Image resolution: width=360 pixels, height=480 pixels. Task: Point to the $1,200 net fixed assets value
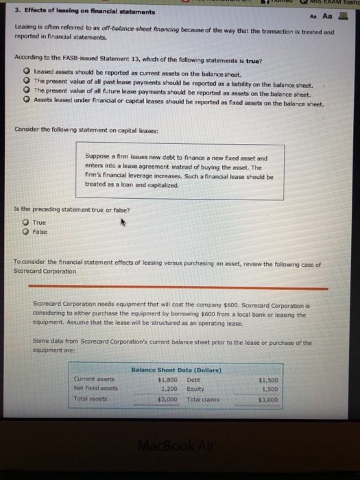click(x=169, y=387)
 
